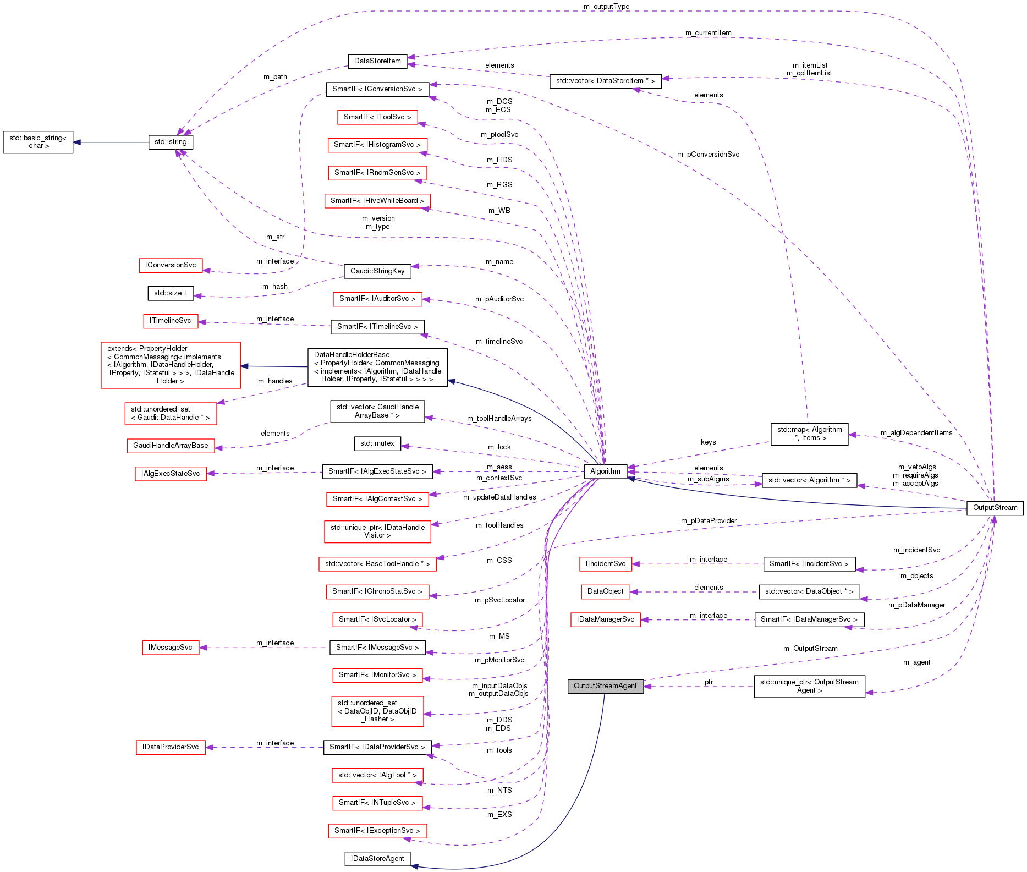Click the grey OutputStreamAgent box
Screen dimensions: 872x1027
coord(605,686)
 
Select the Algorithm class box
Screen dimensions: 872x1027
coord(605,471)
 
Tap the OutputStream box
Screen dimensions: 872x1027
coord(995,508)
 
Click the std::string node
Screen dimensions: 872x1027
coord(171,142)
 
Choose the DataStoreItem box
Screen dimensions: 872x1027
coord(377,61)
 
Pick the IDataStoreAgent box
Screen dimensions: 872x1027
coord(377,859)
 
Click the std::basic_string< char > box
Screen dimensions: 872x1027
coord(38,142)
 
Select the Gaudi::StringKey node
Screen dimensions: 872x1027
coord(377,271)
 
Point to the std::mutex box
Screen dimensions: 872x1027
coord(377,443)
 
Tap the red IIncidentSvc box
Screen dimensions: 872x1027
coord(605,564)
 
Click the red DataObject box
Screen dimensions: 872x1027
coord(605,592)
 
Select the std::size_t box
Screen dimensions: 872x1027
coord(171,293)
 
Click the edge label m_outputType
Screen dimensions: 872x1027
coord(606,7)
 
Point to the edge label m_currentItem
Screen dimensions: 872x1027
coord(708,33)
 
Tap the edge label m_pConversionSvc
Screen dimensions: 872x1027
coord(708,155)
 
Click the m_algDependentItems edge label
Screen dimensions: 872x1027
coord(916,433)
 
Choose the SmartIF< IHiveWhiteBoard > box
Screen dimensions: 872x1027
coord(377,201)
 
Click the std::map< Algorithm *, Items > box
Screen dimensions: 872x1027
coord(809,434)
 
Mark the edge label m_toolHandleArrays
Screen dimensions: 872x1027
coord(499,419)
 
